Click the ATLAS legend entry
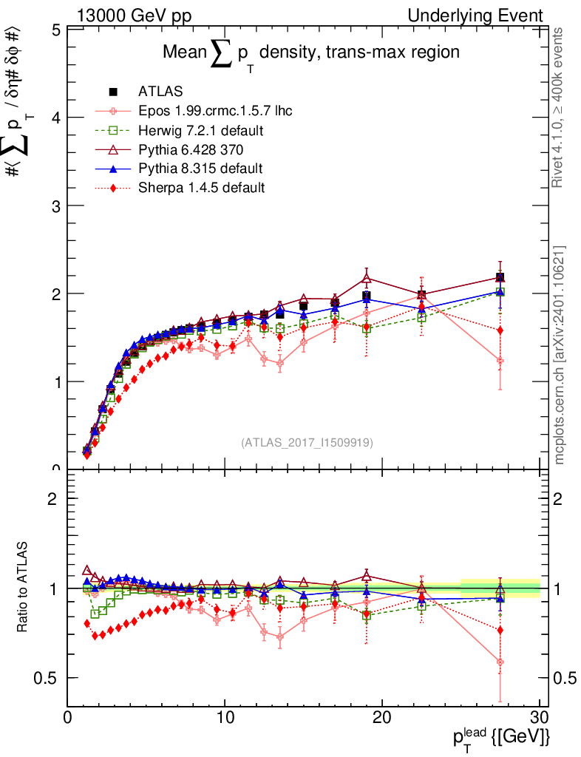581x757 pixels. tap(160, 92)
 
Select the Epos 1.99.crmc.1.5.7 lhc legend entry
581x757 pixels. tap(214, 111)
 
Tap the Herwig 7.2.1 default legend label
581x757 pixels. tap(201, 130)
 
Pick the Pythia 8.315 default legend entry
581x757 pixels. tap(200, 169)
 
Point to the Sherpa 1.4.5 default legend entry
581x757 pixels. tap(201, 188)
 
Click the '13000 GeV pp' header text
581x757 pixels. tap(132, 16)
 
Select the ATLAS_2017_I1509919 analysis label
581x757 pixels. tap(307, 443)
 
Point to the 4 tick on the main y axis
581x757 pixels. tap(55, 118)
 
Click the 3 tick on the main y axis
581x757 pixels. tap(55, 206)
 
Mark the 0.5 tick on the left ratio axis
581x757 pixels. tap(50, 678)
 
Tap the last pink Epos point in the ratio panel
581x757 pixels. tap(500, 662)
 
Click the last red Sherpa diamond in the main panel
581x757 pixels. tap(500, 330)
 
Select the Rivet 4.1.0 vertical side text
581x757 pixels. tap(558, 107)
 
